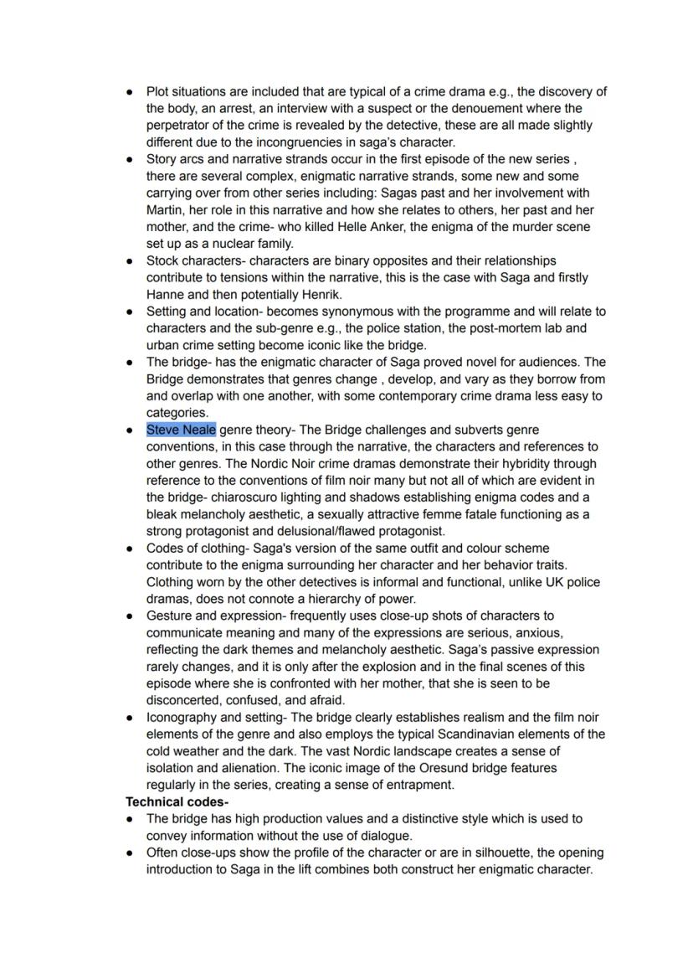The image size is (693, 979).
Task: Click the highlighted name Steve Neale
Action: click(x=181, y=430)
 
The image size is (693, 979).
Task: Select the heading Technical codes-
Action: click(x=177, y=801)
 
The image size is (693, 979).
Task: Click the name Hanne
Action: click(x=166, y=295)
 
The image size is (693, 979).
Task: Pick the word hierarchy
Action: click(x=341, y=599)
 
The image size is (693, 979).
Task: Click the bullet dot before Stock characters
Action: click(x=130, y=261)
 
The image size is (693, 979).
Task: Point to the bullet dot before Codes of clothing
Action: click(x=130, y=549)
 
